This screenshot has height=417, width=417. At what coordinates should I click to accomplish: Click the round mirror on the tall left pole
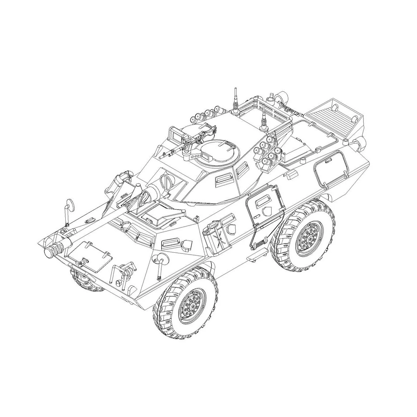pos(70,205)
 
